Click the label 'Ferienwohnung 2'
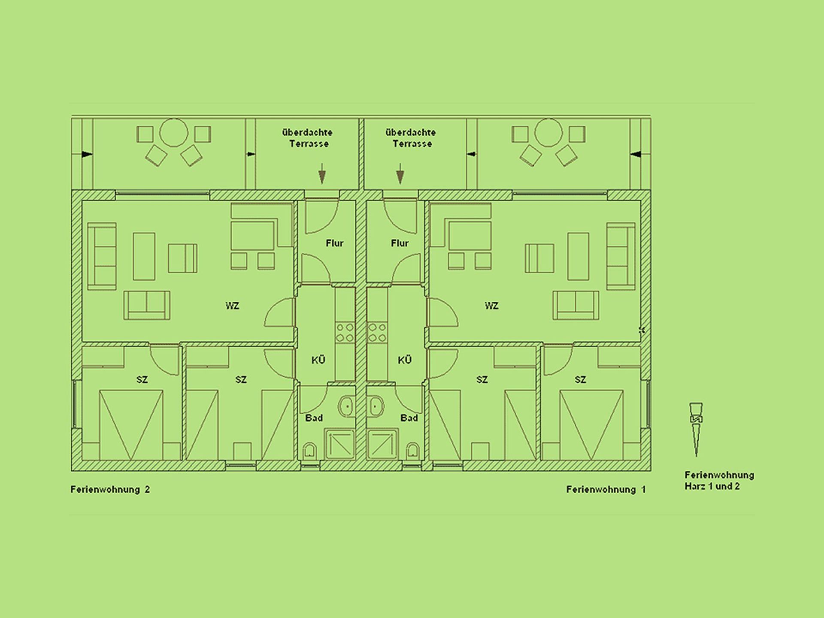tap(110, 489)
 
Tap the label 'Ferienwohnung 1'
tap(606, 489)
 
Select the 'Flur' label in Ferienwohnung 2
tap(334, 243)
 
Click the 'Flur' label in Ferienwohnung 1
tap(400, 243)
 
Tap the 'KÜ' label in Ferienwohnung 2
tap(318, 360)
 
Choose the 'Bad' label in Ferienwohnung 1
tap(409, 418)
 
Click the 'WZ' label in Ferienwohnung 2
tap(232, 306)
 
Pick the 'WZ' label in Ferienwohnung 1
tap(491, 306)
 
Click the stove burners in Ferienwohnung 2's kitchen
tap(345, 333)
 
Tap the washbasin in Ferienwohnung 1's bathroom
tap(376, 406)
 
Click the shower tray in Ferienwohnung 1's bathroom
tap(382, 445)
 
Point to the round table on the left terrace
tap(173, 133)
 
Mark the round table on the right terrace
tap(548, 133)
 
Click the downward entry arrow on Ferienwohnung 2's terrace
tap(322, 173)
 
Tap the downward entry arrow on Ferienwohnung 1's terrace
tap(400, 173)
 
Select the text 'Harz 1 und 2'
tap(712, 487)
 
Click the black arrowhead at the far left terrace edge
tap(87, 154)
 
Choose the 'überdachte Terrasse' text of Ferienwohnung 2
tap(308, 138)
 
